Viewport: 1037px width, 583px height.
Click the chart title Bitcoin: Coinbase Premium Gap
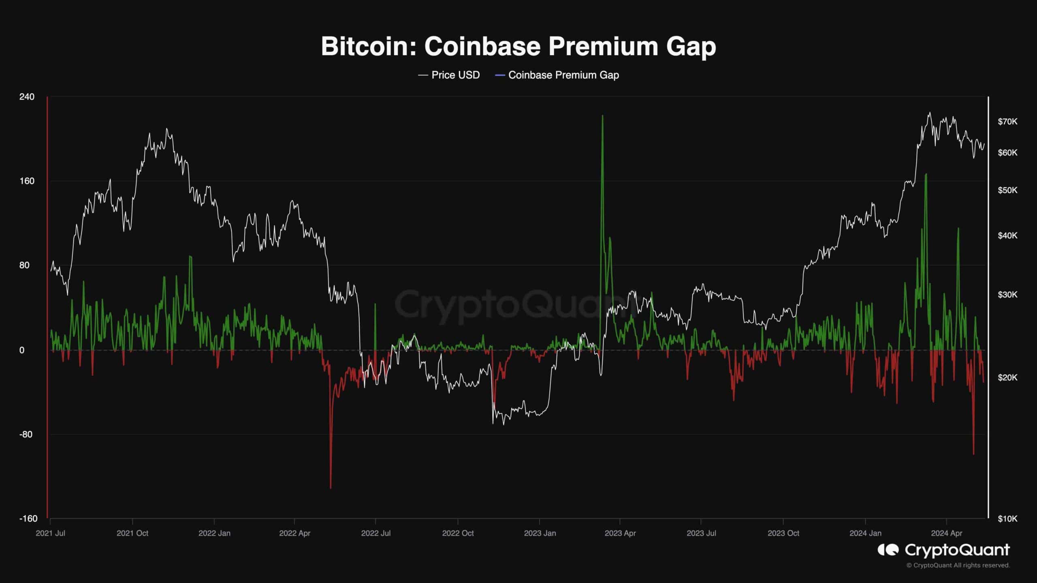[518, 47]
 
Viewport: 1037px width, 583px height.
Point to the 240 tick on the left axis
[27, 97]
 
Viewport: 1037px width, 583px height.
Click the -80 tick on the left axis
[26, 434]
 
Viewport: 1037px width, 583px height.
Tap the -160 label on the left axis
[28, 519]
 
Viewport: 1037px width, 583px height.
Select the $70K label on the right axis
[1007, 121]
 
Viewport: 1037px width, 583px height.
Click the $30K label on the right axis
[1007, 295]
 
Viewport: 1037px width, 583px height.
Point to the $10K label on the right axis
[1007, 519]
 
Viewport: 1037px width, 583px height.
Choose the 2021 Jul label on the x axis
[50, 533]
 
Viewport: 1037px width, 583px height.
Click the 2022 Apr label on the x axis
[294, 533]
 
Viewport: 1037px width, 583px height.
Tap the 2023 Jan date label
[540, 533]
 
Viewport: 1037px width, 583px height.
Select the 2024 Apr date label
[946, 533]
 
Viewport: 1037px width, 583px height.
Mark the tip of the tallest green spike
[603, 116]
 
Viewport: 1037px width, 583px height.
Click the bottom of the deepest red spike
[331, 488]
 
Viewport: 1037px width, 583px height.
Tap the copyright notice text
[958, 565]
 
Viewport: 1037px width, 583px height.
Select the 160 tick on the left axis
[27, 181]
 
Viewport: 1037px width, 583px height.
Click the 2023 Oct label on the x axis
[783, 533]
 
